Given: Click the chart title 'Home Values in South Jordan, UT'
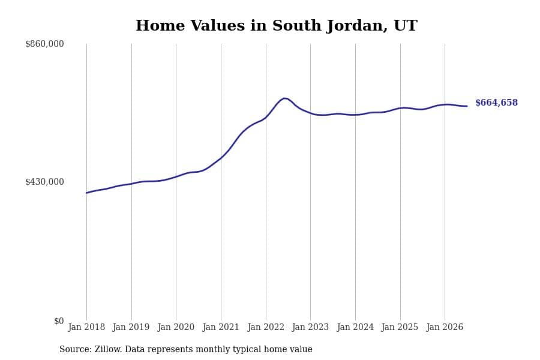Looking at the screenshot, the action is click(x=276, y=25).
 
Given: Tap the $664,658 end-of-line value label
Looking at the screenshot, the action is click(x=496, y=103).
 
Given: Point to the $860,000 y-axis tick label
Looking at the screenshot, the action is click(x=44, y=44).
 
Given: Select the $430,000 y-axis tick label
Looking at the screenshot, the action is click(x=44, y=182).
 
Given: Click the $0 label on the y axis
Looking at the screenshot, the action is click(x=59, y=321).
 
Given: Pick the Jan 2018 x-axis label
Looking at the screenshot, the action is click(x=86, y=327).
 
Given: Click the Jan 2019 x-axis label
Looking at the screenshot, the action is click(x=131, y=327).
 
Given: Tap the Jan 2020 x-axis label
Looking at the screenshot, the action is click(x=176, y=327).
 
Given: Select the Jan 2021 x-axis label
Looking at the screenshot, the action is click(x=221, y=327).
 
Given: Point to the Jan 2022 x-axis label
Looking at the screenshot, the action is click(x=266, y=327).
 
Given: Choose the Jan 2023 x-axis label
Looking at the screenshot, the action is click(x=310, y=327).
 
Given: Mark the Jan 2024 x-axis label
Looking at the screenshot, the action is click(x=355, y=327).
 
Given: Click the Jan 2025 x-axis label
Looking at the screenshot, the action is click(x=400, y=327).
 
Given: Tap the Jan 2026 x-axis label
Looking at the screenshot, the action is click(x=445, y=327).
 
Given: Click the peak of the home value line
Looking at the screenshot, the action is click(x=284, y=98).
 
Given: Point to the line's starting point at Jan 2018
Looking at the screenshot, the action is click(x=86, y=193).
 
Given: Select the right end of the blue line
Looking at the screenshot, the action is click(x=467, y=106).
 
